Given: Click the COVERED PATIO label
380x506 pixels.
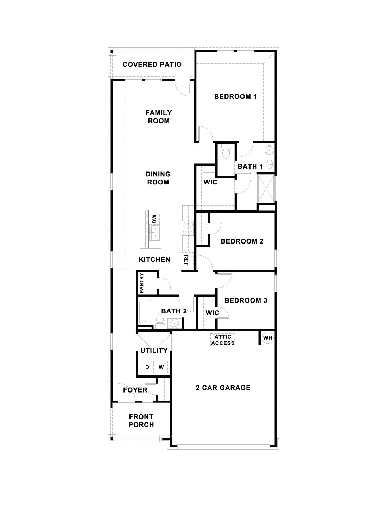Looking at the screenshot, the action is (x=152, y=64).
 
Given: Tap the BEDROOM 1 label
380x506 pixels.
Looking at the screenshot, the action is (x=235, y=96).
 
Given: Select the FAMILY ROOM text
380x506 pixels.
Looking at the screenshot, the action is (x=159, y=117).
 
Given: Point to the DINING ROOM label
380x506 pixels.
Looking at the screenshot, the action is (x=158, y=178).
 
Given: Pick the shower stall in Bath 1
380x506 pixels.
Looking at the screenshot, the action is (x=266, y=189).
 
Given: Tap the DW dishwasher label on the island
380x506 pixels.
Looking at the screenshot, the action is (x=154, y=219).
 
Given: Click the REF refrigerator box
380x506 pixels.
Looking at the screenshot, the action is (x=186, y=260).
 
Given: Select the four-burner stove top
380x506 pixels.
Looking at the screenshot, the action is (x=188, y=228).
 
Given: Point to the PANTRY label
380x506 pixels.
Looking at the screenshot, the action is (x=141, y=283).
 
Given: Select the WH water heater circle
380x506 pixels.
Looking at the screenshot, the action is (x=268, y=338).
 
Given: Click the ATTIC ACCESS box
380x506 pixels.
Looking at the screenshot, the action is (x=223, y=340).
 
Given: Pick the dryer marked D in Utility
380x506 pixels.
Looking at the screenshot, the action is (x=147, y=367).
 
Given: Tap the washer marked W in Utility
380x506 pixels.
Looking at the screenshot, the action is (x=161, y=367).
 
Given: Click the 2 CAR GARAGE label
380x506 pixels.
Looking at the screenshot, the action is (x=223, y=388).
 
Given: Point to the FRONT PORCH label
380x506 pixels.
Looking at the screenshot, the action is (x=141, y=421).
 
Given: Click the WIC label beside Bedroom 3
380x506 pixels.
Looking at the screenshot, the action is (x=212, y=313).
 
